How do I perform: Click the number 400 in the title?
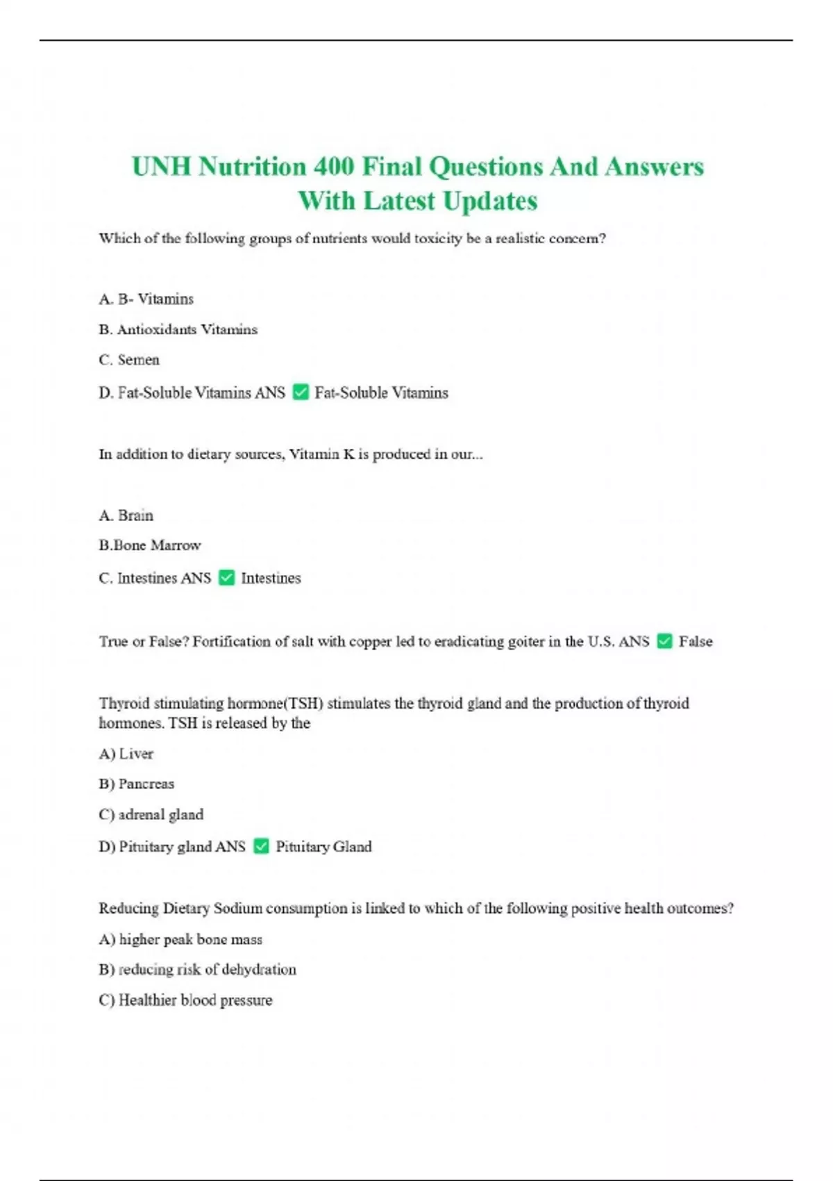[333, 167]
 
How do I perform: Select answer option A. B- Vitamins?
[146, 299]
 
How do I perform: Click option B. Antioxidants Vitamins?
[178, 330]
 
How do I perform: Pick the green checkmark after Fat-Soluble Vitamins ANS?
[301, 393]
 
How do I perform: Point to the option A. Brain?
[126, 515]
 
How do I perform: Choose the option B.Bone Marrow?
[150, 545]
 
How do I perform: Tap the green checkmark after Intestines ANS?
[226, 578]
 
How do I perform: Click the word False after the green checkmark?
[696, 642]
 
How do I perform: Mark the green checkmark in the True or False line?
[664, 641]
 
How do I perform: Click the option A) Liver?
[126, 754]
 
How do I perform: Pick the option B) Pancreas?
[137, 784]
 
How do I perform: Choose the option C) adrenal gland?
[151, 815]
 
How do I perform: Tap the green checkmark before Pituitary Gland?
[261, 846]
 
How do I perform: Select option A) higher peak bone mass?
[180, 940]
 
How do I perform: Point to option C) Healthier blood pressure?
[185, 1000]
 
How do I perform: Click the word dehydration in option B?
[259, 970]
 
